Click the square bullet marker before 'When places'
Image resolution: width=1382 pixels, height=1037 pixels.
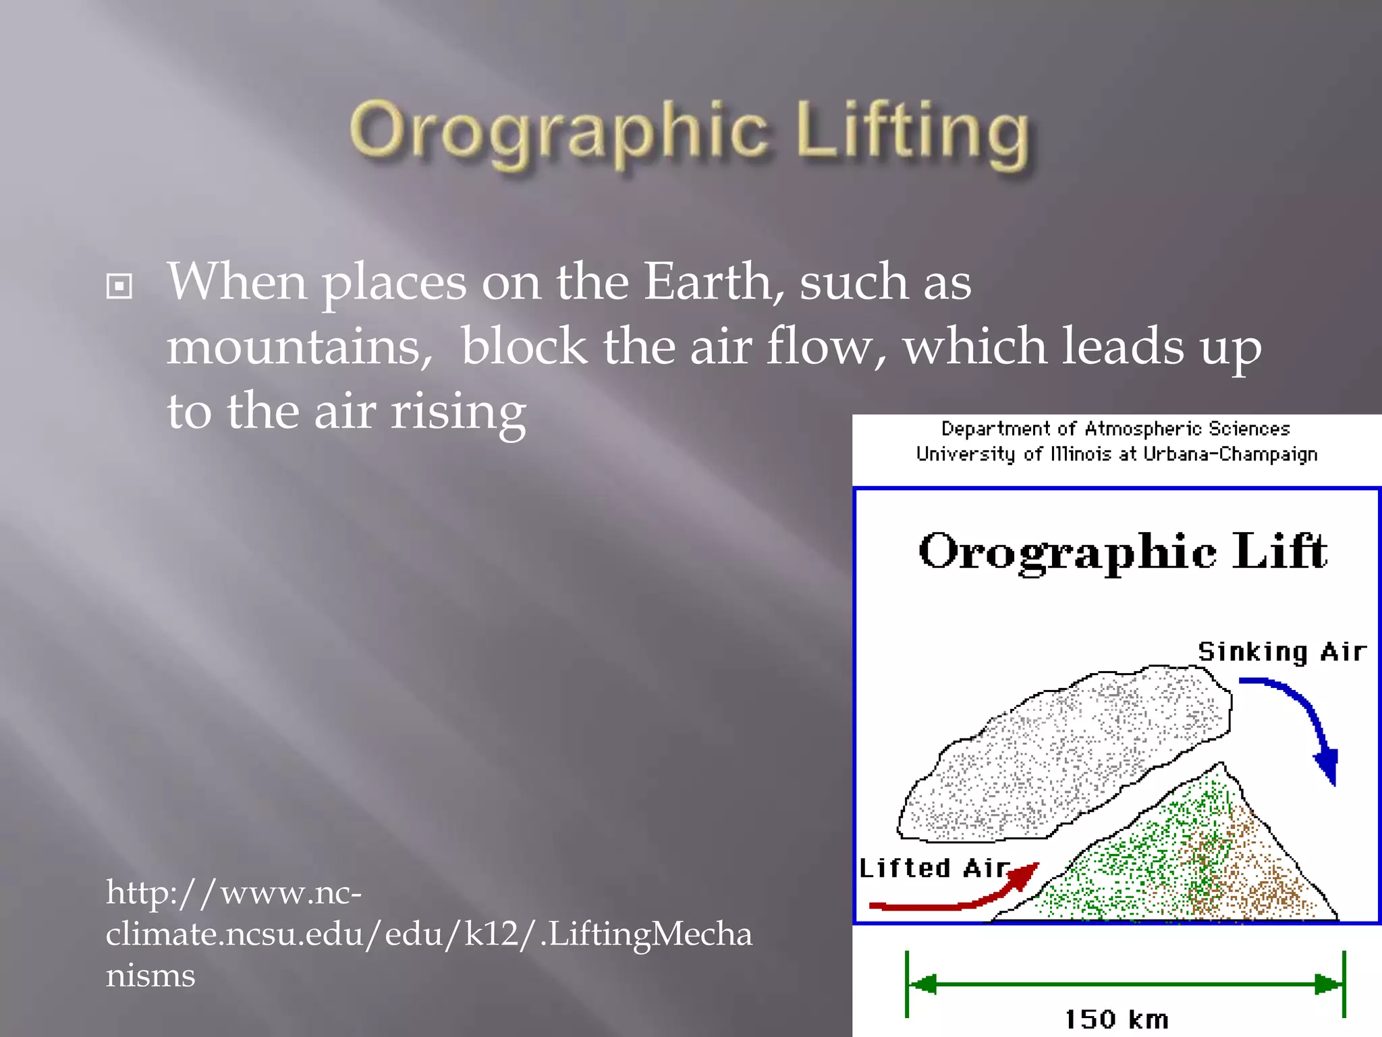point(119,286)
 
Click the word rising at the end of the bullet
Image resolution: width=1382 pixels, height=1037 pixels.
point(458,413)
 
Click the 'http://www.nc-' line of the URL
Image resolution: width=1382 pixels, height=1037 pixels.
point(233,893)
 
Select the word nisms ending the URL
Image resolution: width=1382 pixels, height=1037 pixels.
point(150,976)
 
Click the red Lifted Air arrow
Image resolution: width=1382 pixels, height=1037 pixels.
point(958,898)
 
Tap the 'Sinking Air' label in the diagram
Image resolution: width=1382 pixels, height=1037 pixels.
point(1281,652)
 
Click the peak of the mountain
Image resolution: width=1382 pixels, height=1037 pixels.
point(1220,766)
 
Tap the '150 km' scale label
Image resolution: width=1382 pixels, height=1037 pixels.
point(1116,1019)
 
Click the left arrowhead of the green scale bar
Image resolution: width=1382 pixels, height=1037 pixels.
point(922,984)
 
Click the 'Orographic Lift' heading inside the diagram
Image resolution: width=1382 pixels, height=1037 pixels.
point(1123,552)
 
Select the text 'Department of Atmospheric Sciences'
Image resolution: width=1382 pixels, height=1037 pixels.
point(1115,429)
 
